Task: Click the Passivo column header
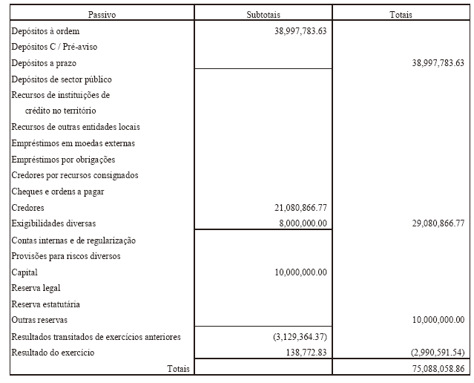[x=102, y=14]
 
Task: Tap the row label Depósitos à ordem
[x=46, y=31]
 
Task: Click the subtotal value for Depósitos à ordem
[x=300, y=31]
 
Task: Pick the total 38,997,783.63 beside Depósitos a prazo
[x=438, y=64]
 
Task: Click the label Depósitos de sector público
[x=62, y=79]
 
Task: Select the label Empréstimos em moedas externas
[x=73, y=143]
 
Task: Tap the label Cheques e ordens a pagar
[x=58, y=191]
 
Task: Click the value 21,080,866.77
[x=300, y=208]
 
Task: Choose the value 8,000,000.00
[x=300, y=223]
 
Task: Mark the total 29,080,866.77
[x=438, y=223]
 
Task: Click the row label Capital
[x=24, y=272]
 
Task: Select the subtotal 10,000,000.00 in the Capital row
[x=300, y=272]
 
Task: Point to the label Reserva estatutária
[x=46, y=304]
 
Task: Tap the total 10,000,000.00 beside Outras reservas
[x=438, y=320]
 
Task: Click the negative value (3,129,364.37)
[x=300, y=337]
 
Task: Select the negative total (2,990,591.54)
[x=438, y=352]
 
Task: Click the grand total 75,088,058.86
[x=438, y=367]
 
